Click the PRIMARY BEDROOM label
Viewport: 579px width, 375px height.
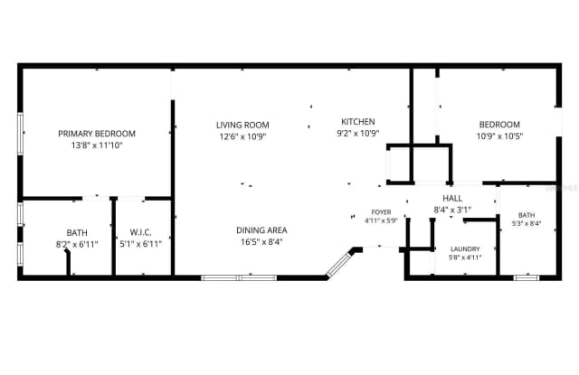point(97,134)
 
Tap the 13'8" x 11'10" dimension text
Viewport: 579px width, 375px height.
point(97,145)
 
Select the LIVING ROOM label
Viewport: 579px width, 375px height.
point(242,125)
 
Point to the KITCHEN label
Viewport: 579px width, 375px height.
point(358,121)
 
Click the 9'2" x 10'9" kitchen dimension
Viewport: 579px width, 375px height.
point(358,133)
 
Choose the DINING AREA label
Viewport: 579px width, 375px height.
point(261,230)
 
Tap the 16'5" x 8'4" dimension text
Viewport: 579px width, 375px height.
point(261,242)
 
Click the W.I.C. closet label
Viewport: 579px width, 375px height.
point(141,232)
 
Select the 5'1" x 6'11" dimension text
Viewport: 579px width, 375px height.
point(141,244)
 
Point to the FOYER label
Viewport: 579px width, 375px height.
point(381,212)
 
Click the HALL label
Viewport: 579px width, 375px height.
point(452,199)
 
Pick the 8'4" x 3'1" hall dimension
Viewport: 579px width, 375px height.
point(452,210)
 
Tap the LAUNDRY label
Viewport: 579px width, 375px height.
point(465,248)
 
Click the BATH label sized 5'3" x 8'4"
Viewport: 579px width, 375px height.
point(527,215)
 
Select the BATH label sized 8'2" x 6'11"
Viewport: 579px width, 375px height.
point(77,232)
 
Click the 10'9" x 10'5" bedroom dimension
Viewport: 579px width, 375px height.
point(499,136)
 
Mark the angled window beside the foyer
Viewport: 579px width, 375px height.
point(339,263)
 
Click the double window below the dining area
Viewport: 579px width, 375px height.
point(239,277)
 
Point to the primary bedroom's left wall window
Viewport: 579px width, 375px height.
point(20,134)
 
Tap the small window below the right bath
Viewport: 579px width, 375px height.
point(527,277)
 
